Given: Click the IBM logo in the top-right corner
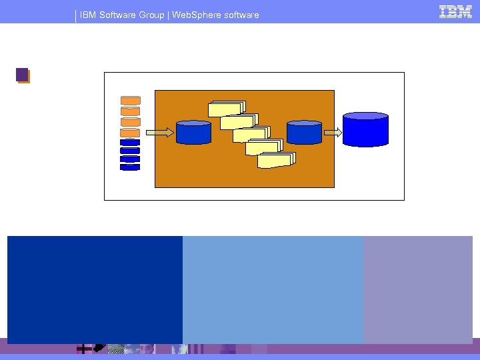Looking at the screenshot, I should coord(455,11).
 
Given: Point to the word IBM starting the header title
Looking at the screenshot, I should coord(88,15).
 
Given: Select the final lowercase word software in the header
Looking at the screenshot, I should coord(241,15).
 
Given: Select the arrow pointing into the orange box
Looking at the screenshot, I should coord(161,133).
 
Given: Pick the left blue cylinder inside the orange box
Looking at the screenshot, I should coord(193,132).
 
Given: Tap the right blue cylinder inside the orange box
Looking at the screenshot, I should coord(305,132).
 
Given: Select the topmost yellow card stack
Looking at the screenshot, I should coord(227,109).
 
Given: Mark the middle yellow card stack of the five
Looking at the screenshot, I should coord(251,134).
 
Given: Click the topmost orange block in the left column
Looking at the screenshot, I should coord(130,101).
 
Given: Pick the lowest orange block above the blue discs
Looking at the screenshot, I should coord(130,132).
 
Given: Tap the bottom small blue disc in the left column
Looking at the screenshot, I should coord(130,167).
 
